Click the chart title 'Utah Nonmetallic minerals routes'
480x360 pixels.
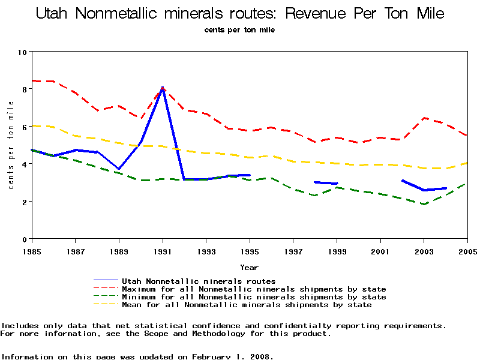click(240, 13)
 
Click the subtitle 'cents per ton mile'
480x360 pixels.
click(240, 30)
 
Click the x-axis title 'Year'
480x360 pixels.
click(249, 267)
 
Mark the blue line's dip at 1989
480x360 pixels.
click(119, 169)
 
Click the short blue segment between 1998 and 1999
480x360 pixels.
click(326, 183)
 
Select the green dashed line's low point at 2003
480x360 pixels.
click(424, 205)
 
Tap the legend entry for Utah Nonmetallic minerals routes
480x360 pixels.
click(198, 281)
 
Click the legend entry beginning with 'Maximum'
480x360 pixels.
click(253, 289)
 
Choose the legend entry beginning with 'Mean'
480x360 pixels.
click(246, 305)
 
